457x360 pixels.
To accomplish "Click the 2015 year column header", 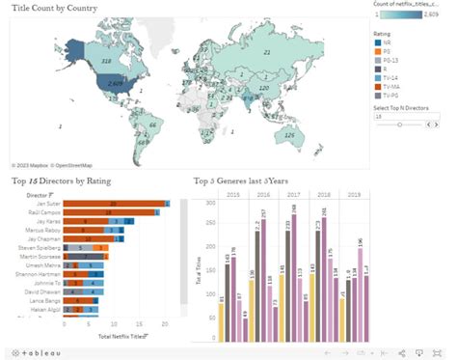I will pos(232,194).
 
